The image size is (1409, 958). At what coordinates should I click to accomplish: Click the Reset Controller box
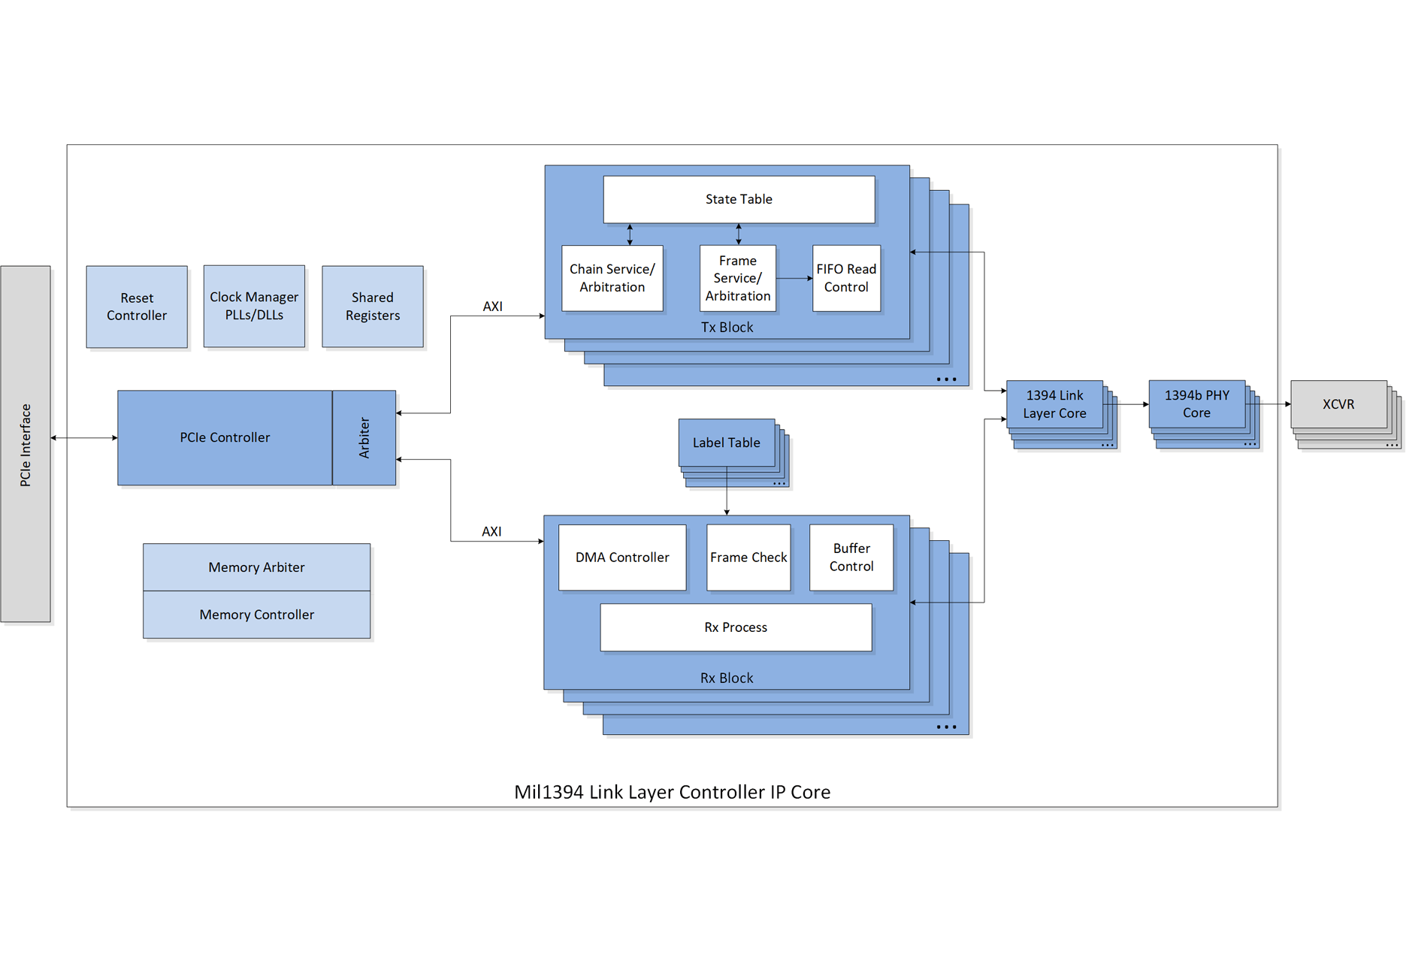coord(137,307)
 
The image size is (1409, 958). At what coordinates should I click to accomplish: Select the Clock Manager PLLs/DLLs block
coord(254,306)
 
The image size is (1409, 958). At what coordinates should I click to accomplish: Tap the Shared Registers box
coord(373,307)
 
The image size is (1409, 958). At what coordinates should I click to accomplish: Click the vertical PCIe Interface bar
coord(26,444)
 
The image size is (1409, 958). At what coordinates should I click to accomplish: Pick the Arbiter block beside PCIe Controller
coord(364,437)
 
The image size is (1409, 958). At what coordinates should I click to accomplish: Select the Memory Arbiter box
coord(256,567)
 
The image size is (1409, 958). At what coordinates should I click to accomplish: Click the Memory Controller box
coord(256,615)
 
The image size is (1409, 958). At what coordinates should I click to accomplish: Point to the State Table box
coord(739,199)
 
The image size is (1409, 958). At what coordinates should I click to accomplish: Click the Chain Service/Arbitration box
coord(612,278)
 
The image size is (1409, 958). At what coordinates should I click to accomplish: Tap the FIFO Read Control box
coord(846,278)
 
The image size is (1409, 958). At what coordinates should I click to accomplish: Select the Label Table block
coord(726,443)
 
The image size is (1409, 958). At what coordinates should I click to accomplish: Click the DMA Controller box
coord(622,558)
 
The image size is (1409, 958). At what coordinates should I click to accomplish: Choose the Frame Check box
coord(748,558)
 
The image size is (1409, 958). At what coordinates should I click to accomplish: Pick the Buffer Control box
coord(851,558)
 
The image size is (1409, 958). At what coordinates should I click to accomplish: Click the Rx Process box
coord(736,627)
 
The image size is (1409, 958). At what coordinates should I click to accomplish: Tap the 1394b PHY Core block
coord(1196,404)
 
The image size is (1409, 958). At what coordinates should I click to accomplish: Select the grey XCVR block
coord(1338,404)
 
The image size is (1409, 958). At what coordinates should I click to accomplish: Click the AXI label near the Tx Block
coord(493,307)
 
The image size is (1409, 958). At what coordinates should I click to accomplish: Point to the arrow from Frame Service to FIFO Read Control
coord(794,278)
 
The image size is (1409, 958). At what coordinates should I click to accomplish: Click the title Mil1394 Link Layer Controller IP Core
coord(672,792)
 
